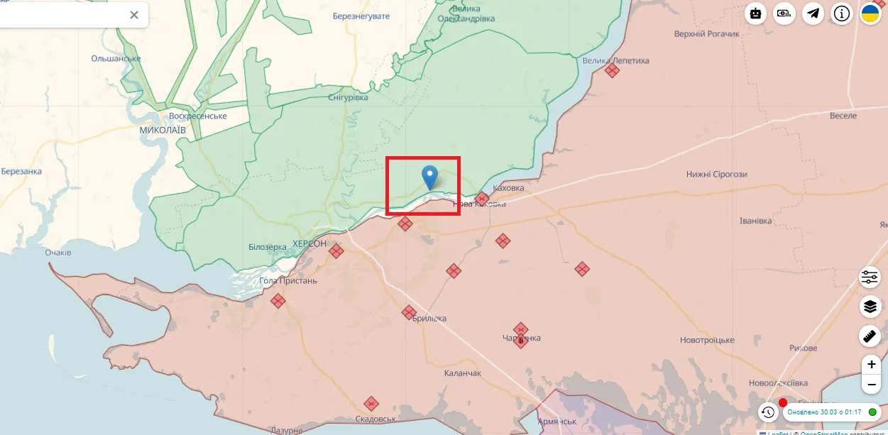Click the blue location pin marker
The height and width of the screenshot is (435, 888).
point(429,175)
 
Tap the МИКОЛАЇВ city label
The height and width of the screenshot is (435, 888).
point(163,131)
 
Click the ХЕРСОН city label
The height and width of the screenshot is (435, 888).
point(309,243)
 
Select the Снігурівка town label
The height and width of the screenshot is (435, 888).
point(349,97)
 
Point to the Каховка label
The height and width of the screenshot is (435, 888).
point(508,188)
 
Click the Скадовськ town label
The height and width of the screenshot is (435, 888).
point(376,419)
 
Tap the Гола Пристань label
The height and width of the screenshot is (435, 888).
point(288,280)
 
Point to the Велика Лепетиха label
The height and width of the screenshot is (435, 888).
point(615,60)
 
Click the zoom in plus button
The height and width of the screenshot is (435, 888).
point(871,365)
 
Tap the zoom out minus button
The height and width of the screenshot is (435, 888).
point(871,385)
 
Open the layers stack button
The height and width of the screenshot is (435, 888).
point(870,307)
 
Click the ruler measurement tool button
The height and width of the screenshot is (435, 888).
point(870,336)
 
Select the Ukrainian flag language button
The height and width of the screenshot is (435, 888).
point(870,13)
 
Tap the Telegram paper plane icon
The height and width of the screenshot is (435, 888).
point(813,13)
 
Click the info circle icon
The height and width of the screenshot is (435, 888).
point(842,13)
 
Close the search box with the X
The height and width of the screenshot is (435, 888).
point(134,15)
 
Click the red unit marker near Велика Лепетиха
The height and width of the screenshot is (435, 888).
point(612,70)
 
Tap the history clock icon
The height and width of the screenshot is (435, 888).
point(767,412)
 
